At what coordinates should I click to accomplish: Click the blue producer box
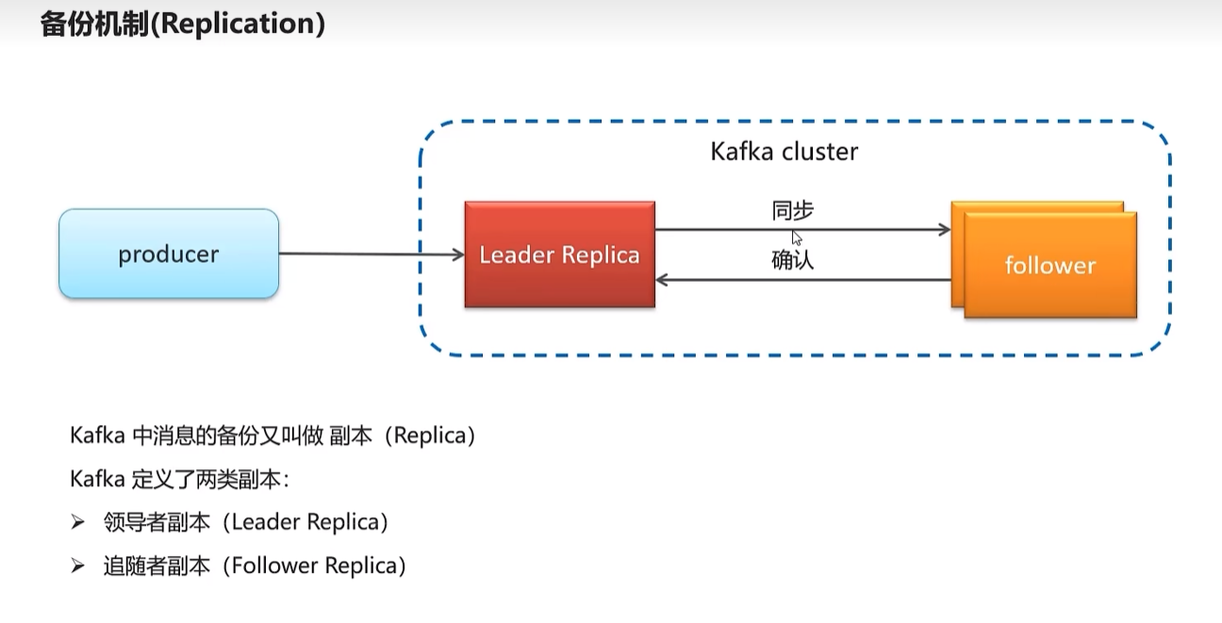169,254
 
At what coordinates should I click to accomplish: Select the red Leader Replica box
560,254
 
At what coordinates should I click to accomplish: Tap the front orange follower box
1050,265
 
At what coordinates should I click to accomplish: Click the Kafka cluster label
784,152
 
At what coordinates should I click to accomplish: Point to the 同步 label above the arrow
793,210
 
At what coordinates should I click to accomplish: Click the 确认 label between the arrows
793,260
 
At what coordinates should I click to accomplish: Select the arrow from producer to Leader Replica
372,254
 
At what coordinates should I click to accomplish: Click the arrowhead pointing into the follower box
945,230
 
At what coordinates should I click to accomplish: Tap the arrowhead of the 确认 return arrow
661,280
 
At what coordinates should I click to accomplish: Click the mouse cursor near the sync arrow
797,238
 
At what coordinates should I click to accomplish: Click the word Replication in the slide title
238,24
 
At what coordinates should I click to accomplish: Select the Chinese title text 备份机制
94,24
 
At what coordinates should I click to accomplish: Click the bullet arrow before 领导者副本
77,522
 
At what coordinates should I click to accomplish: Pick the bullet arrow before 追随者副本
77,566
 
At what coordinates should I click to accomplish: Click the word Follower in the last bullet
275,566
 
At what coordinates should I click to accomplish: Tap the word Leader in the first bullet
266,521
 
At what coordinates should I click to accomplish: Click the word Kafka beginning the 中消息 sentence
98,435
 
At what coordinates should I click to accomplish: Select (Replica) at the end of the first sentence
430,435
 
